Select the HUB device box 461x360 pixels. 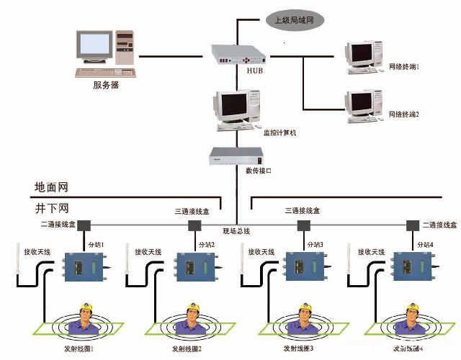238,55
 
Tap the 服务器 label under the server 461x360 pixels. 106,85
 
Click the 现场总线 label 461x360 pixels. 236,230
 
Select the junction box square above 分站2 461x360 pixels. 194,225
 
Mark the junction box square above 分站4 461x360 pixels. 413,225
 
